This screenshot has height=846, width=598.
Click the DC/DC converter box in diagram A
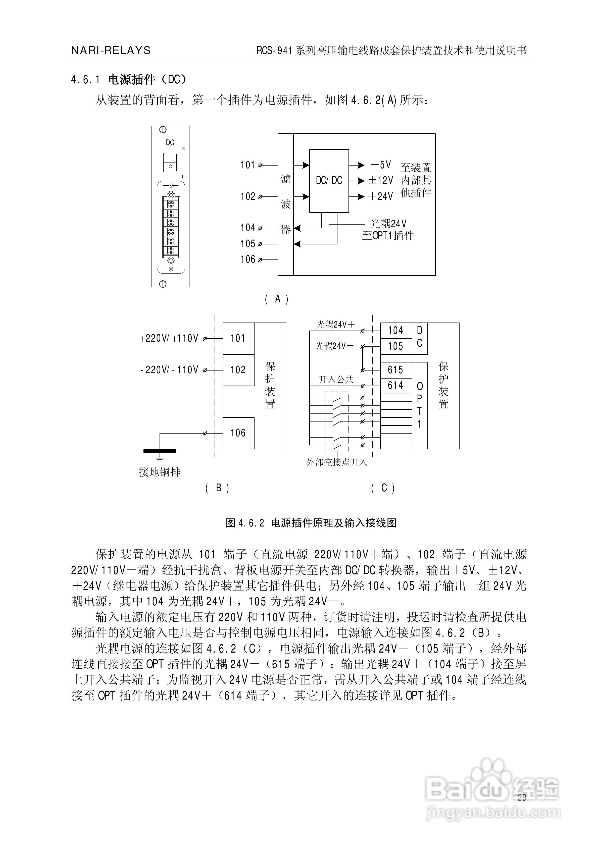[x=329, y=181]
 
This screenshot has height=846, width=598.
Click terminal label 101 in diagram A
[x=248, y=165]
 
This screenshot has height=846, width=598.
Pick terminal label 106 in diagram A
[x=248, y=259]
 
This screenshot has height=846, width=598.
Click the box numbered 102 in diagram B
[x=238, y=370]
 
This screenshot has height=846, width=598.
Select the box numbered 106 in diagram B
[x=238, y=433]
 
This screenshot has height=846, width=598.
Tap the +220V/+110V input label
[x=169, y=338]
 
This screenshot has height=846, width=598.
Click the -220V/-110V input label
[x=169, y=370]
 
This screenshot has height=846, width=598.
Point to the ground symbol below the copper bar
[x=160, y=459]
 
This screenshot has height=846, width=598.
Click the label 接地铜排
[x=160, y=472]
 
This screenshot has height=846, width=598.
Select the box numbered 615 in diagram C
[x=395, y=370]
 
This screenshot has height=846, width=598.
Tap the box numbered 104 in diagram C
[x=395, y=331]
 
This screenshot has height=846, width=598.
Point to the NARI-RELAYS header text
[x=111, y=50]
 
